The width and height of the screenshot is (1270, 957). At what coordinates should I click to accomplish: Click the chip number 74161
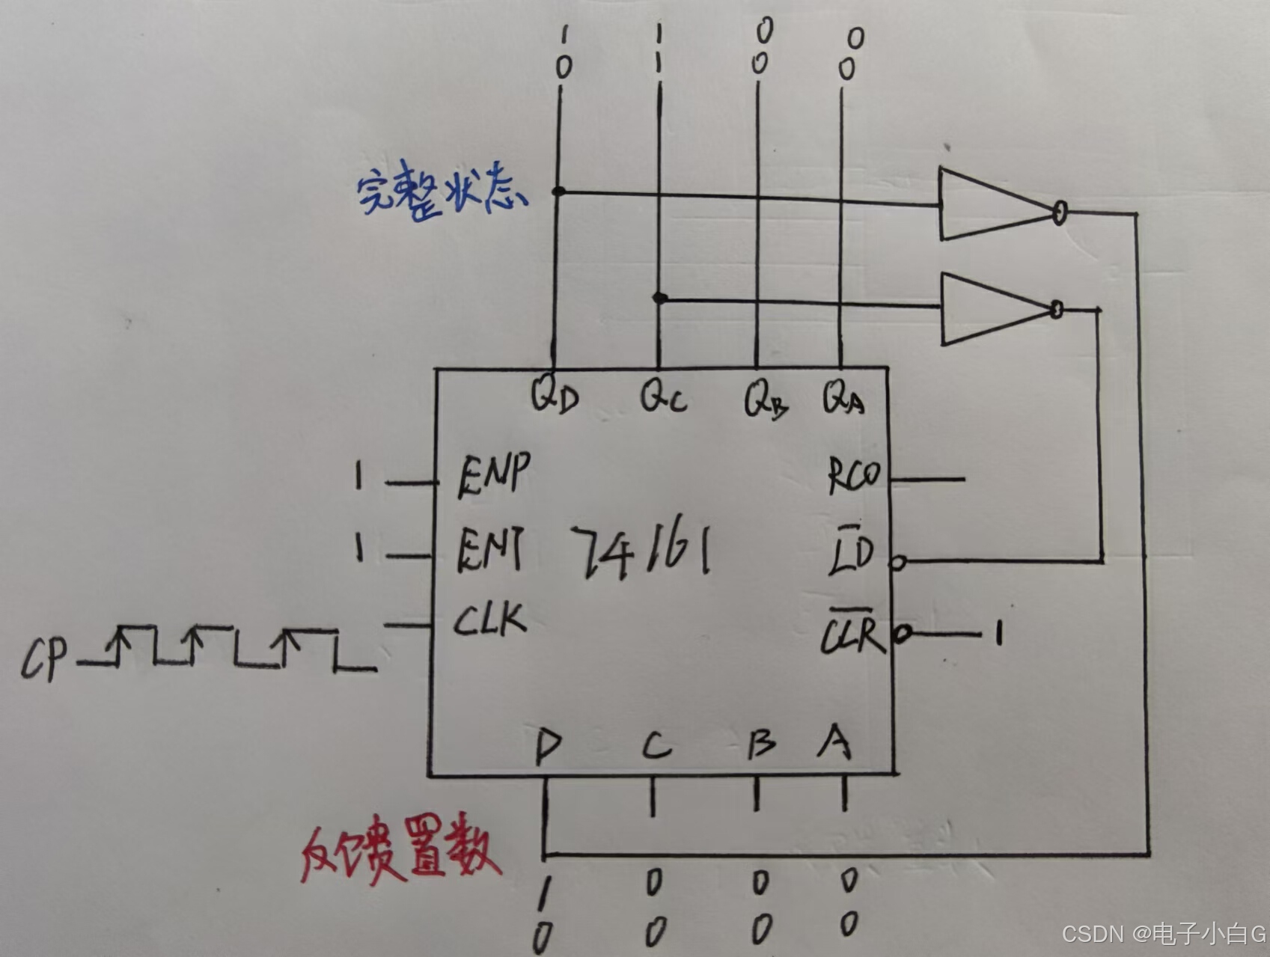(641, 552)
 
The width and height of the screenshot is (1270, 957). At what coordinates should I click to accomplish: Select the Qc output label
(662, 396)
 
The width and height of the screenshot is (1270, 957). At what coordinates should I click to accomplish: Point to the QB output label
(765, 399)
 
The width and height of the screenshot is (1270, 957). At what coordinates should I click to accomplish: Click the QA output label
(843, 397)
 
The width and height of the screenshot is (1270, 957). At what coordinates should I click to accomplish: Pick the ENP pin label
(493, 474)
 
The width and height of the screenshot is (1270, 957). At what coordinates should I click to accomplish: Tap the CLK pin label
(490, 620)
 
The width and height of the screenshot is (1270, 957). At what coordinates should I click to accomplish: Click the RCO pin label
(854, 475)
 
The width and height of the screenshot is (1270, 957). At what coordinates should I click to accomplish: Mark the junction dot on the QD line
(558, 192)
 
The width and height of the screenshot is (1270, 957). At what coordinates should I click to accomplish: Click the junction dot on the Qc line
(659, 298)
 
